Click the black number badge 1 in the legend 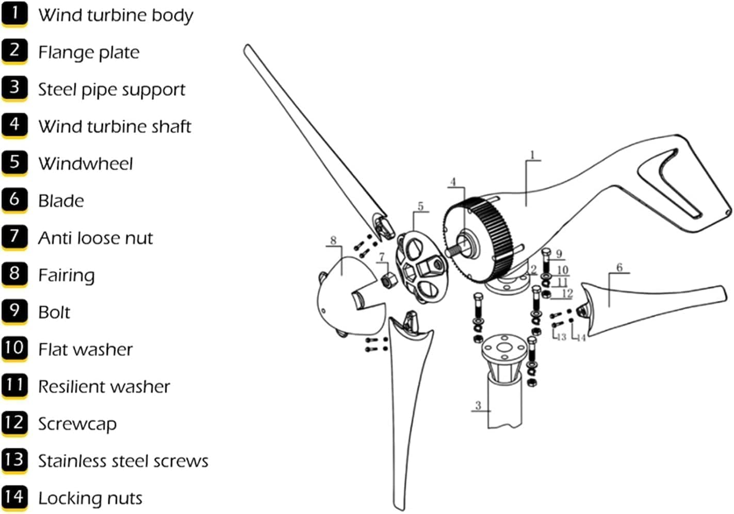coord(14,14)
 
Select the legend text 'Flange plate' coord(89,52)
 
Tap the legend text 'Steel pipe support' coord(111,89)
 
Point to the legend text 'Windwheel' coord(85,164)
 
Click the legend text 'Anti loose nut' coord(95,238)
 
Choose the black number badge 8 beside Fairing coord(14,274)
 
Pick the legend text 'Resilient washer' coord(104,387)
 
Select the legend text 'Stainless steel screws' coord(123,461)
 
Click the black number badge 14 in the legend coord(14,496)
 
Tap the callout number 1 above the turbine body coord(532,155)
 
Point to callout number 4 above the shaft coord(453,182)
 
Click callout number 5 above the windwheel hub coord(420,206)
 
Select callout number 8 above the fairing coord(333,240)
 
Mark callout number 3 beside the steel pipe coord(478,405)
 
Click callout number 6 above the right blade coord(619,267)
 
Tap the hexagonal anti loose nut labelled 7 coord(387,281)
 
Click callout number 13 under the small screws coord(561,337)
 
